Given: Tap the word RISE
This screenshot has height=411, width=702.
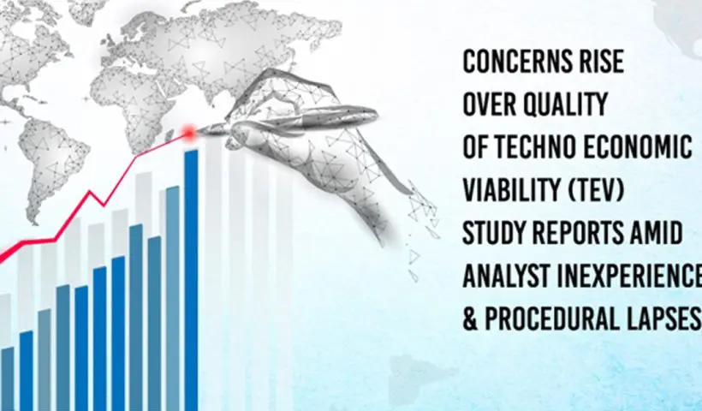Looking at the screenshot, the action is (x=600, y=62).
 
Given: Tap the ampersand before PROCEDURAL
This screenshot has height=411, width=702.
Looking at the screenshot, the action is (x=470, y=319).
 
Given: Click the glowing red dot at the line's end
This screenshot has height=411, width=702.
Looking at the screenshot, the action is (x=190, y=133).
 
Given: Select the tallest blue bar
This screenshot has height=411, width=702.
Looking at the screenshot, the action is (x=191, y=280).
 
